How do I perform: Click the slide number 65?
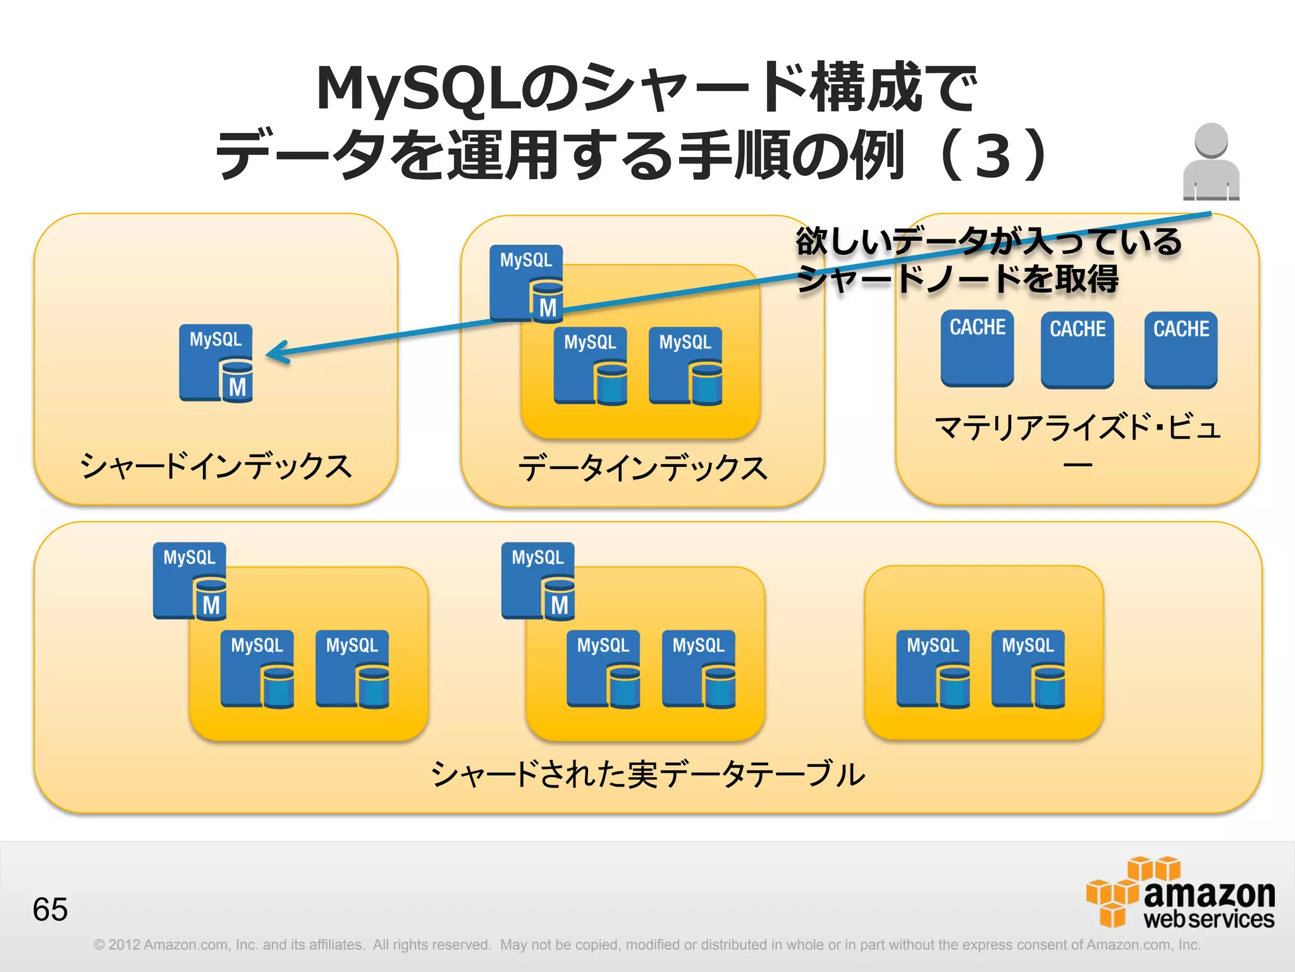pos(50,909)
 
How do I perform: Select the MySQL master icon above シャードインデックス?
pos(216,363)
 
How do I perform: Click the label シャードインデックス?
pos(216,466)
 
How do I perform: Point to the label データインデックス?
pos(642,469)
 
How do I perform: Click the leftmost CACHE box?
pos(977,347)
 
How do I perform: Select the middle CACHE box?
pos(1077,349)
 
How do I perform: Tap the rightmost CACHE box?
pos(1181,349)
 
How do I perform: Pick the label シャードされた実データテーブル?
pos(647,775)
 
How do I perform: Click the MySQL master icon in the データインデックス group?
pos(527,283)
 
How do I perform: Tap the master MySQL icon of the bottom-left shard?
pos(190,580)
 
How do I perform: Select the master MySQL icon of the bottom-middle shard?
pos(538,580)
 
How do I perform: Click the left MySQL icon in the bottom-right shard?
pos(933,668)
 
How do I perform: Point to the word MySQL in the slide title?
pos(418,89)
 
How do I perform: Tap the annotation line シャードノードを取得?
pos(957,279)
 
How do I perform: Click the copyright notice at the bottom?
pos(647,945)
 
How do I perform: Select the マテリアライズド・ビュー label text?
pos(1077,428)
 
